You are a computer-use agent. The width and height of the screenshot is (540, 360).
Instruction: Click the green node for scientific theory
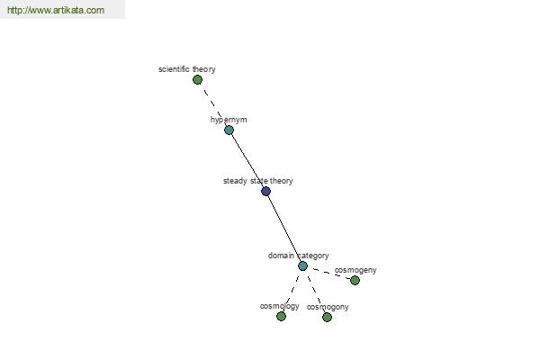click(x=197, y=80)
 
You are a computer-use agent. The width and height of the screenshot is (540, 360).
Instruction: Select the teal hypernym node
click(x=229, y=130)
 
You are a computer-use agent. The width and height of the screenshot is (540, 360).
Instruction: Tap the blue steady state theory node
click(x=265, y=191)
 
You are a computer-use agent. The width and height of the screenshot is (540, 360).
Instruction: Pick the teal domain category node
click(x=302, y=266)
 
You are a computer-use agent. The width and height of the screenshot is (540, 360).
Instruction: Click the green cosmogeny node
click(x=355, y=281)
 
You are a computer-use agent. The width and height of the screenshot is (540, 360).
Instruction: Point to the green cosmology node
click(x=282, y=316)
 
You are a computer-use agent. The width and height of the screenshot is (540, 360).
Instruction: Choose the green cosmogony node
click(x=328, y=317)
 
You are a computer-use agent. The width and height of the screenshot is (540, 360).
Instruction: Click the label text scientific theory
click(x=187, y=69)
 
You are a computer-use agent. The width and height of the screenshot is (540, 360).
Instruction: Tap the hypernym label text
click(x=229, y=120)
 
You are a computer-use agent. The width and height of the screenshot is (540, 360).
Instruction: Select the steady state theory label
click(x=258, y=181)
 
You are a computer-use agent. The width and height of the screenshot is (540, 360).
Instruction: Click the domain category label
click(x=299, y=256)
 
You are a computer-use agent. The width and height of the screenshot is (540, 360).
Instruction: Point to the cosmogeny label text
click(x=355, y=270)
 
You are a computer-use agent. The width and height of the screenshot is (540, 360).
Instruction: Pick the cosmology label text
click(x=280, y=306)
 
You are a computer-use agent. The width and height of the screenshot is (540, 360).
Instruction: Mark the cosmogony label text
click(x=328, y=307)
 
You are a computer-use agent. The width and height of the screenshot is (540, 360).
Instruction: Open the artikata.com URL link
click(x=56, y=10)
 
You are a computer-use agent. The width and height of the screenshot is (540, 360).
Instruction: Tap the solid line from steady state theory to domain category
click(x=284, y=229)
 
